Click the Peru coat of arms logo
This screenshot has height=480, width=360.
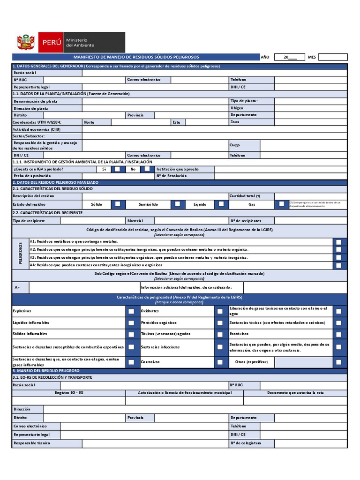(x=26, y=42)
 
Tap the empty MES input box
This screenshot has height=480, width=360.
(x=332, y=57)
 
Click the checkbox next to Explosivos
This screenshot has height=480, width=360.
(x=131, y=311)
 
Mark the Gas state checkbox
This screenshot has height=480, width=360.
(x=281, y=204)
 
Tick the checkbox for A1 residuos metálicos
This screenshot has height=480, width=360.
(x=338, y=242)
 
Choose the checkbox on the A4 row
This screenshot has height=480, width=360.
(x=338, y=265)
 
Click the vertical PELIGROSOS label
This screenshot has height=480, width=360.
(x=21, y=253)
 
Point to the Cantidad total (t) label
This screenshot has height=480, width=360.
(x=245, y=196)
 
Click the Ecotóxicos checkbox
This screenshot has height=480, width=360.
(x=338, y=334)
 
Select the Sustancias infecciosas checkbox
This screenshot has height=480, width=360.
(x=220, y=347)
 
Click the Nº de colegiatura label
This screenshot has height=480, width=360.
(x=246, y=443)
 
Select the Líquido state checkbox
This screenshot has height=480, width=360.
(x=220, y=204)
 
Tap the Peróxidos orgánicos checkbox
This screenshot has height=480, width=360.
(x=220, y=323)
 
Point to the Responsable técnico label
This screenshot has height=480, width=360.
(x=32, y=443)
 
